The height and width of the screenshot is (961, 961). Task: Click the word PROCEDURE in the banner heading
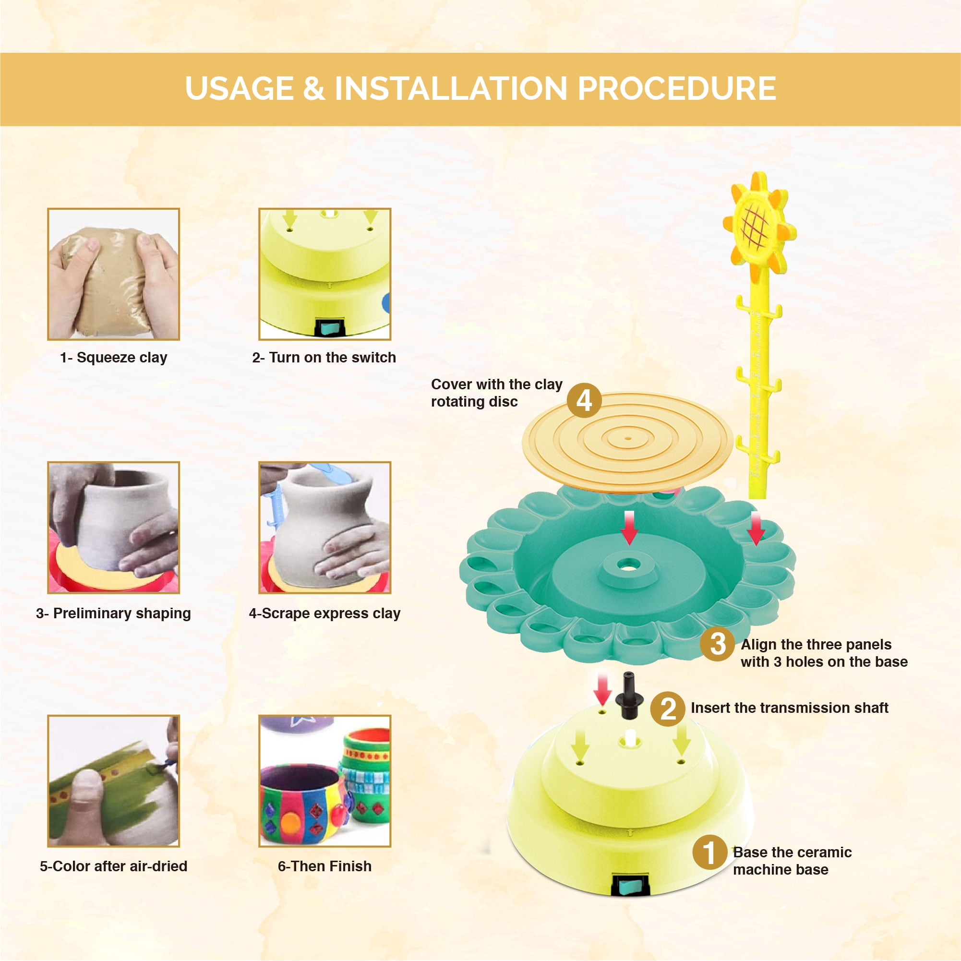(676, 88)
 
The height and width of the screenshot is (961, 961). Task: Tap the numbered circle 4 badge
(585, 400)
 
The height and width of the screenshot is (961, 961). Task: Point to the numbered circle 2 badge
(668, 709)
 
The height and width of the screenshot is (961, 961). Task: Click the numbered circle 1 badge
(710, 852)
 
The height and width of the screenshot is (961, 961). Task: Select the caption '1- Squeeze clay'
(113, 358)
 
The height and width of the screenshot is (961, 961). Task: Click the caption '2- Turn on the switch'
(324, 358)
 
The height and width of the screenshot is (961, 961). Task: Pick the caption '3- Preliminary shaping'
(113, 613)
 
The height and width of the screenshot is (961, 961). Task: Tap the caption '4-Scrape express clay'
(324, 613)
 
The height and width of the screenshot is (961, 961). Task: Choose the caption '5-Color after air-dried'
(113, 866)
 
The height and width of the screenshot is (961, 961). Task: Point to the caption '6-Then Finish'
(324, 866)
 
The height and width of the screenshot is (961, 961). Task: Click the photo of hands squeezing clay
(113, 274)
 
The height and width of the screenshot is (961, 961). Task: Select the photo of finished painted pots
(324, 781)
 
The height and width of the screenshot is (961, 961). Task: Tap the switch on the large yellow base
(630, 885)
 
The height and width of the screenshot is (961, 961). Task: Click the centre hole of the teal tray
(629, 565)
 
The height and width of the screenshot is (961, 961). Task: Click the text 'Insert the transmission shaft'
(789, 708)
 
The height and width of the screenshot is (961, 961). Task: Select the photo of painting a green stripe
(113, 781)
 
